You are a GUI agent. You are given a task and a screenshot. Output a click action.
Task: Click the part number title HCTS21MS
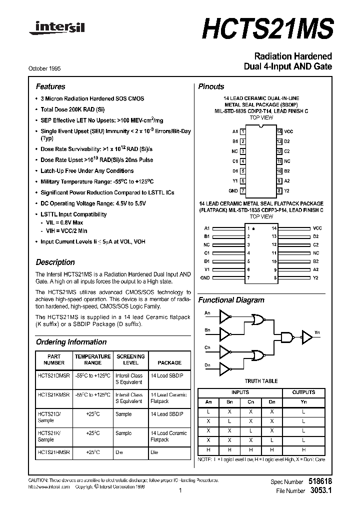coord(267,29)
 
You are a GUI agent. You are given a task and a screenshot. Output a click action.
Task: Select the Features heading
coord(50,86)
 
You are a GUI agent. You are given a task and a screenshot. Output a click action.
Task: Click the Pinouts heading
coord(211,86)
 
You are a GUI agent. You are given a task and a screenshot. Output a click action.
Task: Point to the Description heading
coord(55,262)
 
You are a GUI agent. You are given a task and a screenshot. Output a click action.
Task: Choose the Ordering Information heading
coord(71,342)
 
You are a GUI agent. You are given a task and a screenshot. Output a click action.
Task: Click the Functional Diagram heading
coord(231,300)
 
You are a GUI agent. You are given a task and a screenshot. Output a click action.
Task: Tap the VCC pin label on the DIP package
coord(288,131)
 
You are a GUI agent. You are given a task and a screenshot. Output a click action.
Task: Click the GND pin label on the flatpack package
coord(205,277)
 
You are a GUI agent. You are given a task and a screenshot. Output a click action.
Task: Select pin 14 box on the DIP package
coord(279,131)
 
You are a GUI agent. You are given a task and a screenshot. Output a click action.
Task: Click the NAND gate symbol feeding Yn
coord(289,338)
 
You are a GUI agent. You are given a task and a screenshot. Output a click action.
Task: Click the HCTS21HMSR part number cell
coord(53,452)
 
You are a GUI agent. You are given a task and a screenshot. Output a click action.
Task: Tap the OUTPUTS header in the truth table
coord(303,392)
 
